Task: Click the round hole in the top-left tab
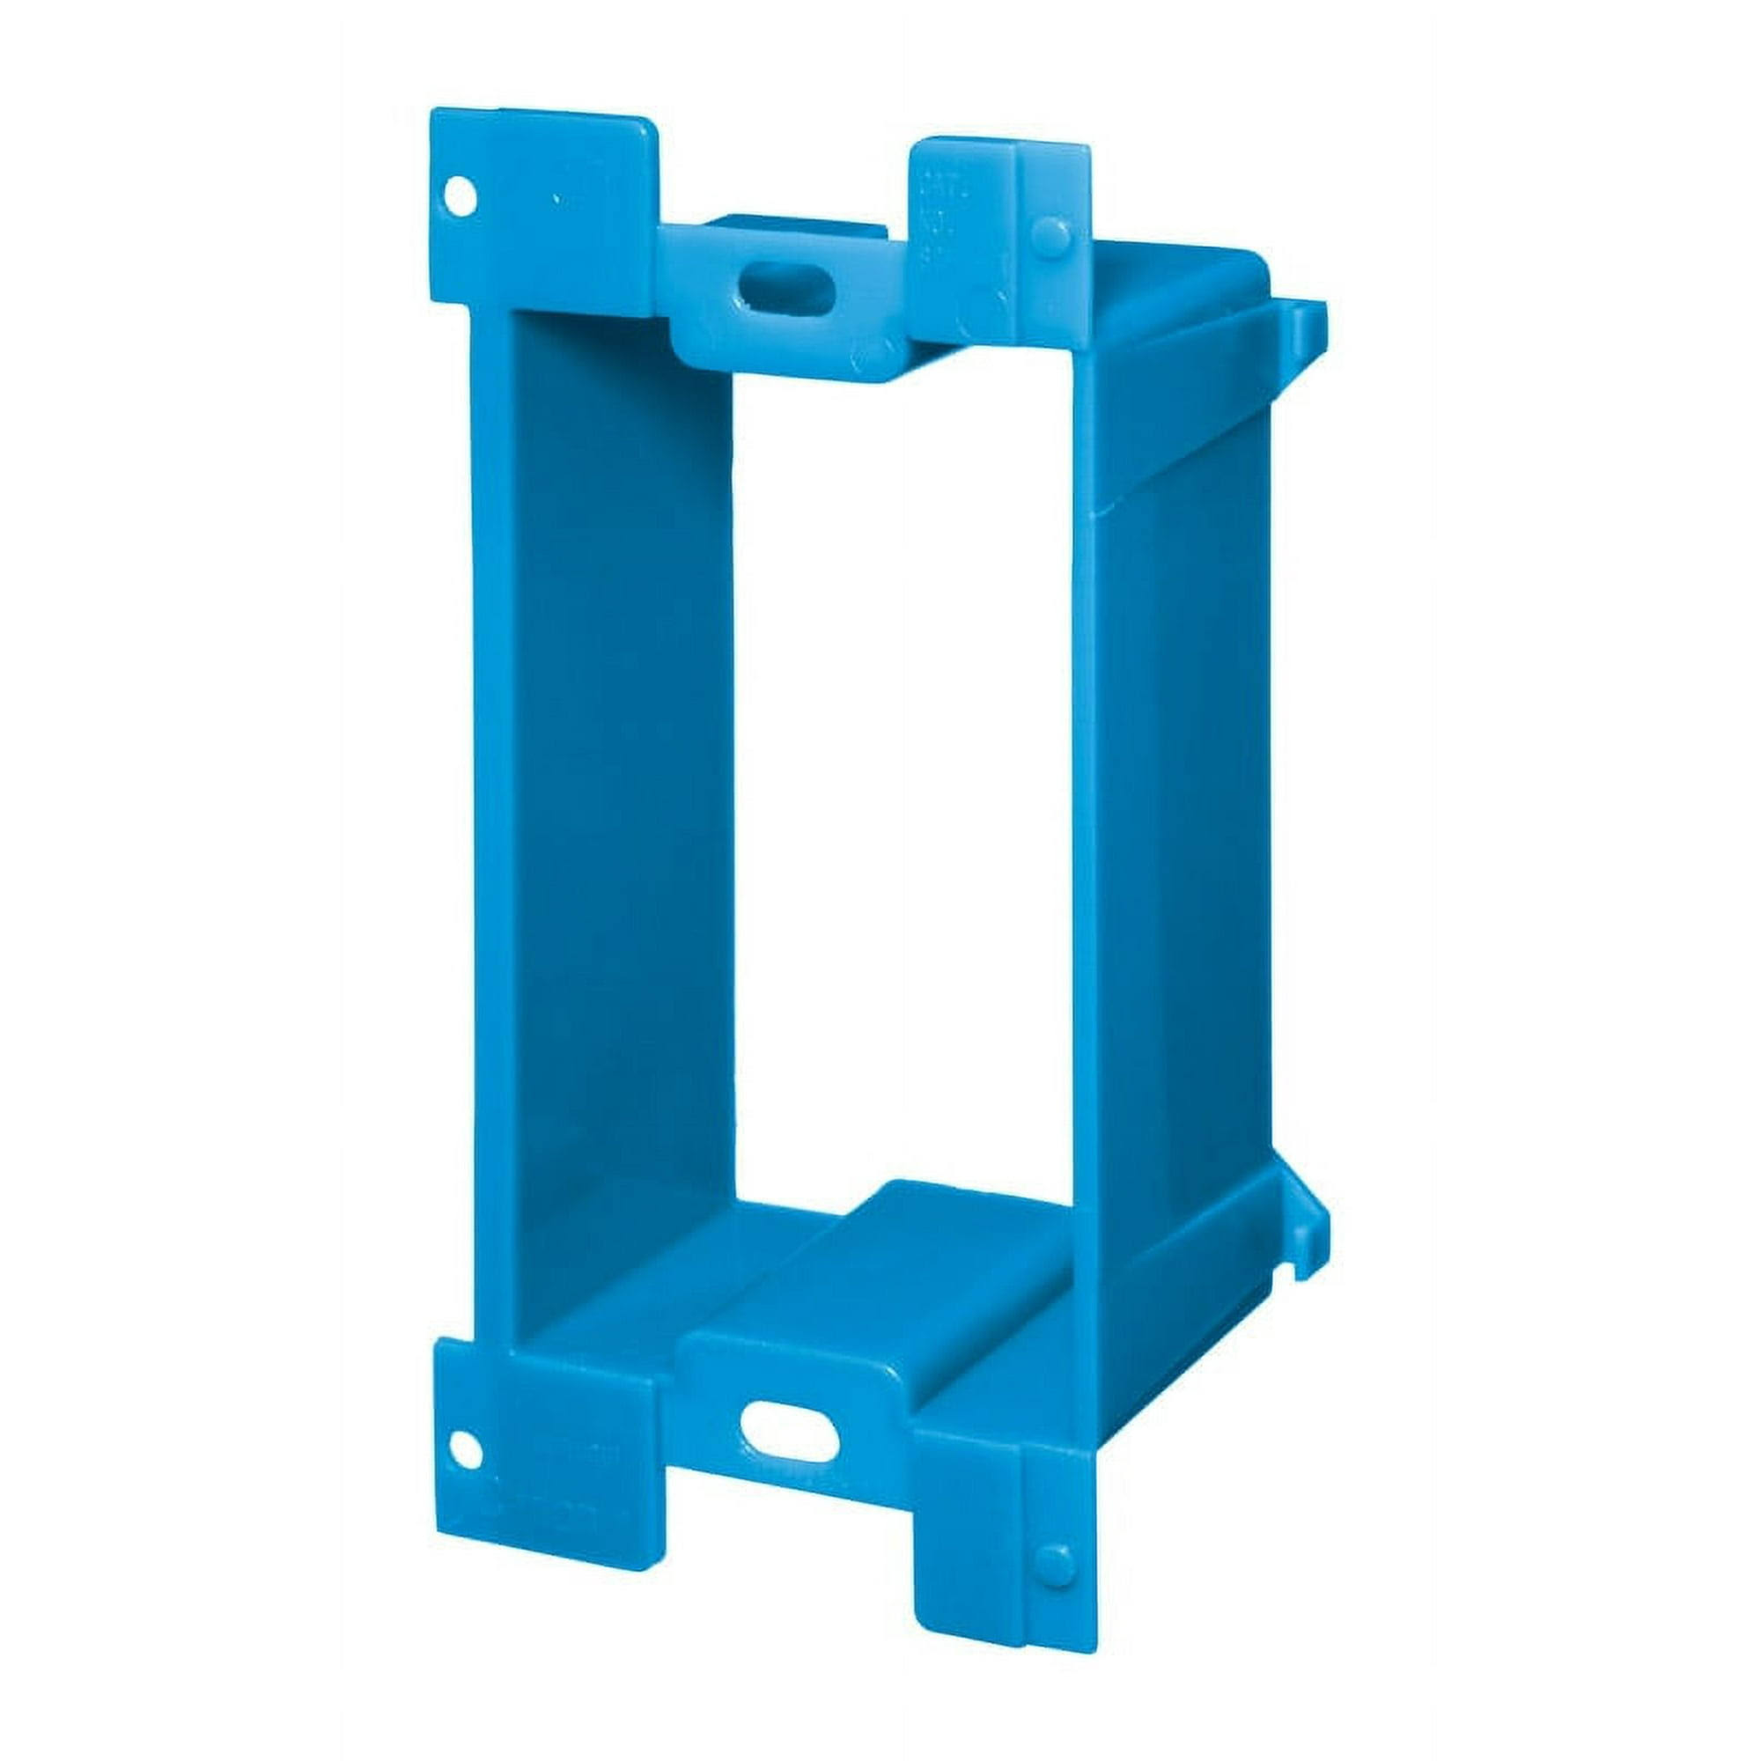(x=463, y=197)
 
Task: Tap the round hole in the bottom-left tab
(x=466, y=1449)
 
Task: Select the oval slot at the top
(x=785, y=288)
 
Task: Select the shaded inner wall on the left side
(x=620, y=775)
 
